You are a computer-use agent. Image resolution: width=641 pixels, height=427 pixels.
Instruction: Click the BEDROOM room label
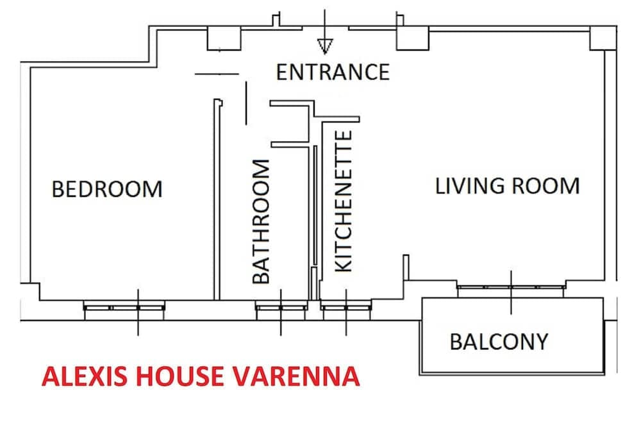(x=107, y=190)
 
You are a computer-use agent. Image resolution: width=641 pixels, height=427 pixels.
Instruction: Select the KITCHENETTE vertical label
(x=344, y=201)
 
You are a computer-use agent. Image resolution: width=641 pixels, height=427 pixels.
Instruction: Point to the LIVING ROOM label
(x=507, y=187)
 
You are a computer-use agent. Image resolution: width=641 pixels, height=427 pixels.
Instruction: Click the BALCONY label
(x=499, y=342)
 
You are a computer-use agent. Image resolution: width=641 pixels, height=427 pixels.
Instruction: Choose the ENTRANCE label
(x=333, y=72)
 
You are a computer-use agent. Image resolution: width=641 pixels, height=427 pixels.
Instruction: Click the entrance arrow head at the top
(x=325, y=46)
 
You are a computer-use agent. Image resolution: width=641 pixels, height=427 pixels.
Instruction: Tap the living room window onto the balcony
(x=511, y=288)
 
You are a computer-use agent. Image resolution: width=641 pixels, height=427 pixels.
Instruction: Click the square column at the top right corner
(x=602, y=38)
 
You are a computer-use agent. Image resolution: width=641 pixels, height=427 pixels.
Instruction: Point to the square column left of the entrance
(x=222, y=40)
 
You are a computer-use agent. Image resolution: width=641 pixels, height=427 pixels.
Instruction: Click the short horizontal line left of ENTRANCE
(x=216, y=74)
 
